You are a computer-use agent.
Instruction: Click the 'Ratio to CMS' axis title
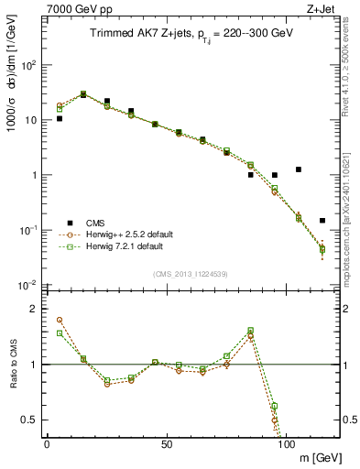pyautogui.click(x=12, y=365)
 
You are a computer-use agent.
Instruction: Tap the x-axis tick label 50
pyautogui.click(x=166, y=443)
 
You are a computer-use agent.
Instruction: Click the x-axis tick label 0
pyautogui.click(x=47, y=443)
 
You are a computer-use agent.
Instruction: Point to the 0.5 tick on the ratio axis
pyautogui.click(x=28, y=420)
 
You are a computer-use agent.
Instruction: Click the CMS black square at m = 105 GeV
pyautogui.click(x=299, y=169)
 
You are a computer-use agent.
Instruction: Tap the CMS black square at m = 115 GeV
pyautogui.click(x=322, y=221)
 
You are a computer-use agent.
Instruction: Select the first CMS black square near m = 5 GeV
pyautogui.click(x=60, y=118)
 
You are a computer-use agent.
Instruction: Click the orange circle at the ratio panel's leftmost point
pyautogui.click(x=60, y=320)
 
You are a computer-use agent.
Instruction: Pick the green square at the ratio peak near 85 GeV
pyautogui.click(x=251, y=330)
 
